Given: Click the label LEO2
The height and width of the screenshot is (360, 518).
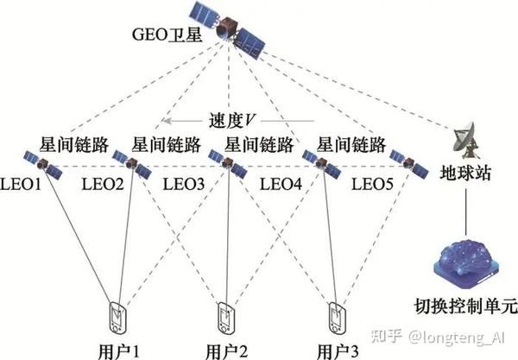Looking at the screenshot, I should (x=101, y=183).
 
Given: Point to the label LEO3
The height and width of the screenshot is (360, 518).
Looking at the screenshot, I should (x=183, y=183).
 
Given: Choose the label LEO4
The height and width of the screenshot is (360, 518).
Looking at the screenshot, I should (x=280, y=183).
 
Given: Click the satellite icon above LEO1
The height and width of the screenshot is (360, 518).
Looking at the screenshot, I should (x=40, y=161).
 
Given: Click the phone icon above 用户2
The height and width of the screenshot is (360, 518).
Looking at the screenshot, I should (x=226, y=316).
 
